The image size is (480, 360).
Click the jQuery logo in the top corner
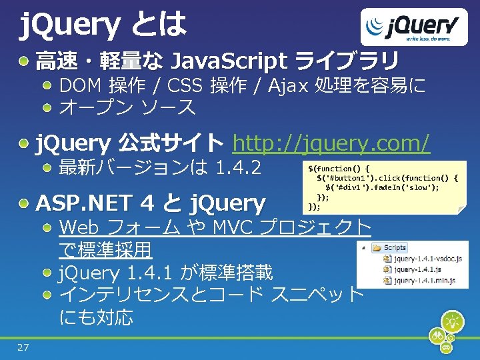(x=413, y=28)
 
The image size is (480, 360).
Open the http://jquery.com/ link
(x=331, y=142)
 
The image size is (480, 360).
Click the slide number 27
(x=23, y=347)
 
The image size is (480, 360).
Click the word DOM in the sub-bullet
(x=80, y=86)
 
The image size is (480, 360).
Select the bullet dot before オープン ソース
(x=48, y=107)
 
